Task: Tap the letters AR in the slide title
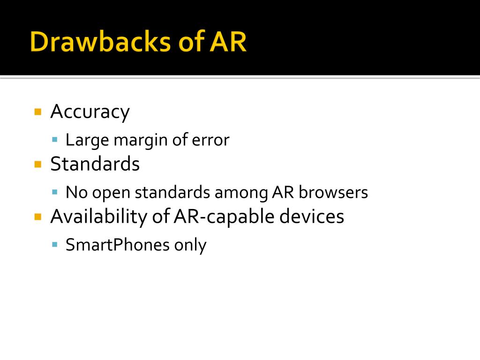(x=227, y=42)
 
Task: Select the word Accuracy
(x=90, y=112)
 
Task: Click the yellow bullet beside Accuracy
(x=38, y=112)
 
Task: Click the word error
(x=211, y=140)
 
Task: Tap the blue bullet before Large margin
(x=55, y=139)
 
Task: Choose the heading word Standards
(x=95, y=164)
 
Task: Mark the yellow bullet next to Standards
(x=38, y=164)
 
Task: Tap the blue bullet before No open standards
(x=55, y=192)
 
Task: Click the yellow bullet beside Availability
(x=38, y=217)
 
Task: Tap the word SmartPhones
(x=117, y=245)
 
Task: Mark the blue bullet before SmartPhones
(x=55, y=244)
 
